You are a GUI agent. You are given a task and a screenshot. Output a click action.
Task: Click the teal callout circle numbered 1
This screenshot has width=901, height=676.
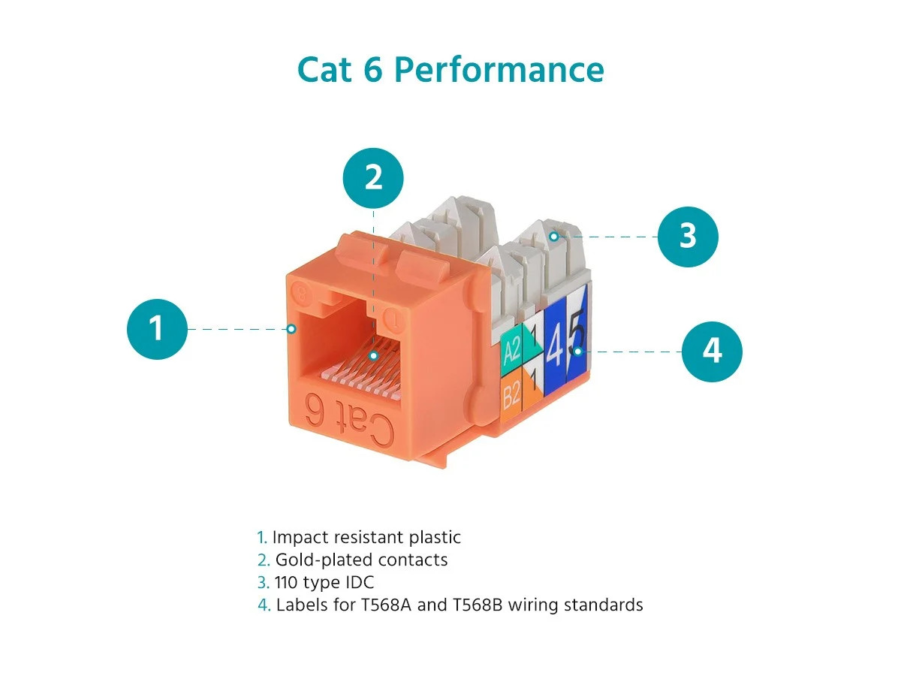coord(157,329)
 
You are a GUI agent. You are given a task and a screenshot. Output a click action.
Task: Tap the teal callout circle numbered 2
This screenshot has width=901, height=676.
coord(373,178)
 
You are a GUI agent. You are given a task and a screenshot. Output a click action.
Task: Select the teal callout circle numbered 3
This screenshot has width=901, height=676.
coord(688,237)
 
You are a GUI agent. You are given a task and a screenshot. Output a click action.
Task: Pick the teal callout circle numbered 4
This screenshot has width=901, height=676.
coord(712,352)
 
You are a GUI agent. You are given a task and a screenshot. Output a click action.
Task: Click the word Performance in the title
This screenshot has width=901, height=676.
coord(499,70)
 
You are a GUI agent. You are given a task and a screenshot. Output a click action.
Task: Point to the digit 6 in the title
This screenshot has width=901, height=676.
coord(373,69)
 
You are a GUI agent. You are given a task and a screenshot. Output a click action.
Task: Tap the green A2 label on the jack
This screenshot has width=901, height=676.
coord(511,350)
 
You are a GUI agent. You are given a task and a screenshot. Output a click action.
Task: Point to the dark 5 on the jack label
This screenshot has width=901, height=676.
coord(577,332)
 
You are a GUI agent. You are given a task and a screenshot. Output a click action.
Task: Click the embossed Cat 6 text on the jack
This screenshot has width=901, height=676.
coord(349,419)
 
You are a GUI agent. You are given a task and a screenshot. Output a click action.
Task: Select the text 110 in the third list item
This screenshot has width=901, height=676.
coord(286,582)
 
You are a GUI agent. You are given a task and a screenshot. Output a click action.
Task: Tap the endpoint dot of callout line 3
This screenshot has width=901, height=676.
coord(553,237)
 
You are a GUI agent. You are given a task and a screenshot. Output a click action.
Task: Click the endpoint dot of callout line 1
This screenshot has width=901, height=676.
coord(291,329)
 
